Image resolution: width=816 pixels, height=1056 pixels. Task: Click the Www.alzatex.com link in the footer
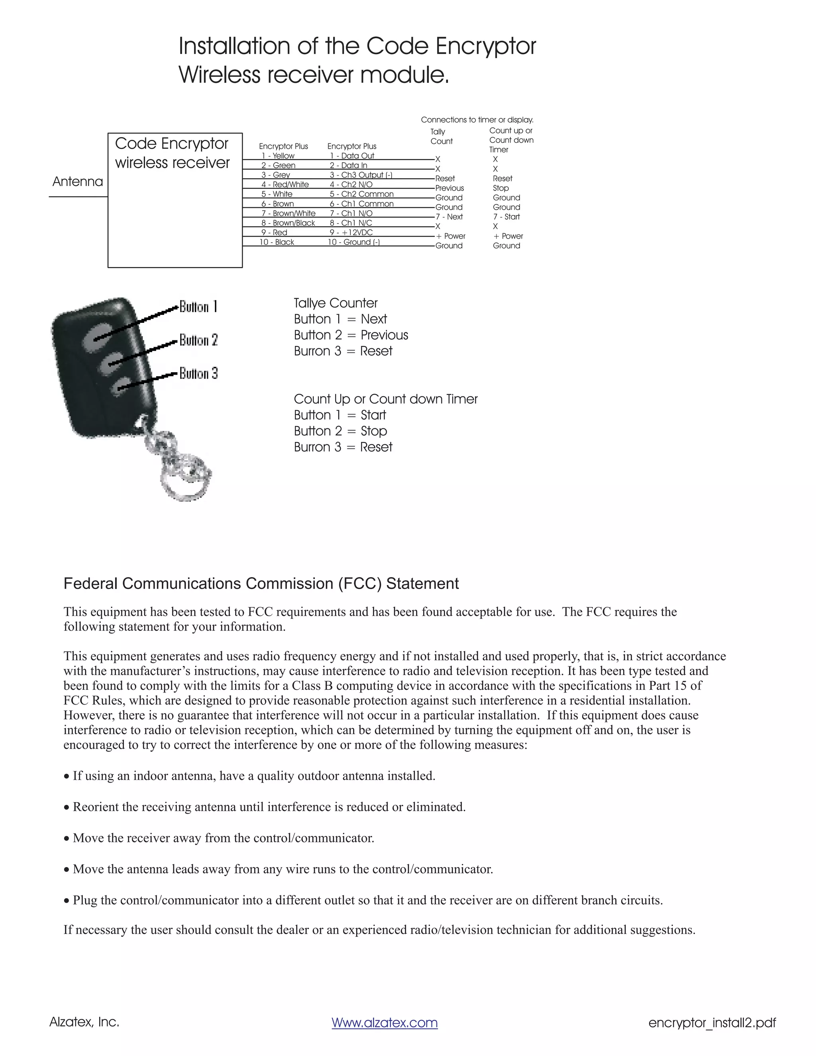384,1023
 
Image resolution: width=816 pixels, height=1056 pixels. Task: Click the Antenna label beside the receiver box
78,182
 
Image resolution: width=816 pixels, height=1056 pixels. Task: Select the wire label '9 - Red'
274,233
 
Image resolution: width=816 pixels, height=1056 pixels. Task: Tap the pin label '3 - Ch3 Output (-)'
361,175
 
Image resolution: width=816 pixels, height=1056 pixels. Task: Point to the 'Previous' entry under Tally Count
449,188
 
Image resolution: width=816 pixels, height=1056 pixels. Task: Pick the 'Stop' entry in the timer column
500,188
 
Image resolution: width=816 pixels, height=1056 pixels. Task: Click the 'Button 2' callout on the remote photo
199,340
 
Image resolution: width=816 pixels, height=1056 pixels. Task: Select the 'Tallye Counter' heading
335,303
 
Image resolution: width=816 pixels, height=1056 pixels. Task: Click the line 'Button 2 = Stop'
340,431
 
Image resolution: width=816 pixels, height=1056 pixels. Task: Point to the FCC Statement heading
261,584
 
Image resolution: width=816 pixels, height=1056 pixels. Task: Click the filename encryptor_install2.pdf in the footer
712,1023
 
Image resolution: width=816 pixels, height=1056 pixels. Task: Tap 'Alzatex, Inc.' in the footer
84,1022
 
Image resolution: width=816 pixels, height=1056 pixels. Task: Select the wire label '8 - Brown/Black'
288,223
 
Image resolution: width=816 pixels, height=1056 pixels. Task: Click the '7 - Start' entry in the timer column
506,217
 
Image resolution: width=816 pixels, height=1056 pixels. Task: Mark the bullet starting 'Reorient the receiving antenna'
269,807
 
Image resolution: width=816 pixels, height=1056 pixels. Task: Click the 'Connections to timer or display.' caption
477,120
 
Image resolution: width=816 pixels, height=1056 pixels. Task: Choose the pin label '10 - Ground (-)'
354,242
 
